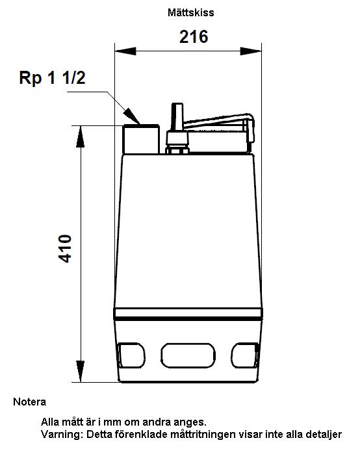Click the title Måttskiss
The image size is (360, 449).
[191, 12]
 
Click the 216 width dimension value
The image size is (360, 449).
[194, 36]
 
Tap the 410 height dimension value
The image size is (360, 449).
[65, 249]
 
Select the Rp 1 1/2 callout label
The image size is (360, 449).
[52, 77]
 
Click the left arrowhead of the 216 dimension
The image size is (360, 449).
[125, 51]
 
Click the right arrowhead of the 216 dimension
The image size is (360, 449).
[251, 51]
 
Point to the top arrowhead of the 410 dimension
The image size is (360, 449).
[81, 136]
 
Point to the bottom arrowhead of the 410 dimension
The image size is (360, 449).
[81, 372]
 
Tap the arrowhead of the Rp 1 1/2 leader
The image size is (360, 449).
[133, 116]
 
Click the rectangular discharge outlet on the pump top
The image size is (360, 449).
[141, 139]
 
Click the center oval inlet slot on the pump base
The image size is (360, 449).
[188, 355]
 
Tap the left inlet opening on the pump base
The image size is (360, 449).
[131, 355]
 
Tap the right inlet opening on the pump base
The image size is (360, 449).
[245, 355]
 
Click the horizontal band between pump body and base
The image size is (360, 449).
[188, 314]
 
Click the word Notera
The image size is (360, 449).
[29, 402]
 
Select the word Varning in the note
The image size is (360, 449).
[61, 435]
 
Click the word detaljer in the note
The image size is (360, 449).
[324, 435]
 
